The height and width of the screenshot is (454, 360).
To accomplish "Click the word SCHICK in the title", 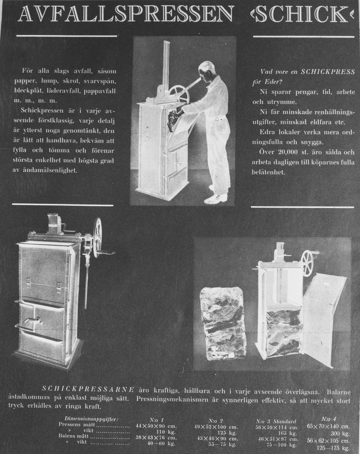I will point(302,15).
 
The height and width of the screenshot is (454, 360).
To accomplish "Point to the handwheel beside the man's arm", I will point(178,93).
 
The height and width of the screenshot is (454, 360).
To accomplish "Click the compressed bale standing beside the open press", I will point(223,323).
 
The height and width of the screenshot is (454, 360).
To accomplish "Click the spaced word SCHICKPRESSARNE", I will point(88,389).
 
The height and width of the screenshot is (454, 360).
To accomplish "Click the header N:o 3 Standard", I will point(276,421).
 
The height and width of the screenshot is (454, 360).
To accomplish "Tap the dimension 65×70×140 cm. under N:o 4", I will point(329,426).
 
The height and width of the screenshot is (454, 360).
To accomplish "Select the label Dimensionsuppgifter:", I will point(92,419).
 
